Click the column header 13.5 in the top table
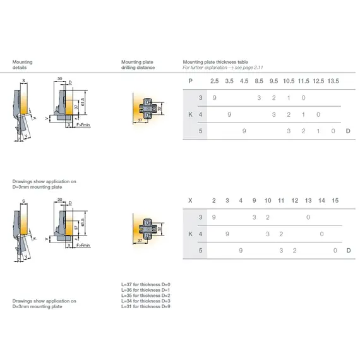click(333, 81)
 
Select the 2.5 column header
click(214, 81)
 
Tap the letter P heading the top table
click(190, 81)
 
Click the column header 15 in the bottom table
click(335, 200)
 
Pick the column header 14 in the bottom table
click(322, 200)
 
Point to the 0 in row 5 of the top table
click(333, 131)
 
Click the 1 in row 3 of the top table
click(289, 98)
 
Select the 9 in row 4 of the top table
click(229, 114)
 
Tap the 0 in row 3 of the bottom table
click(308, 217)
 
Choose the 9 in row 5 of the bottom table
click(241, 250)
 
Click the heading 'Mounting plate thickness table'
click(215, 62)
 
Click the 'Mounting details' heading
click(23, 64)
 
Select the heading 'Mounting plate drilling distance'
click(138, 64)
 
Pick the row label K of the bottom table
click(190, 234)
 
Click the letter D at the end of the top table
click(348, 131)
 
